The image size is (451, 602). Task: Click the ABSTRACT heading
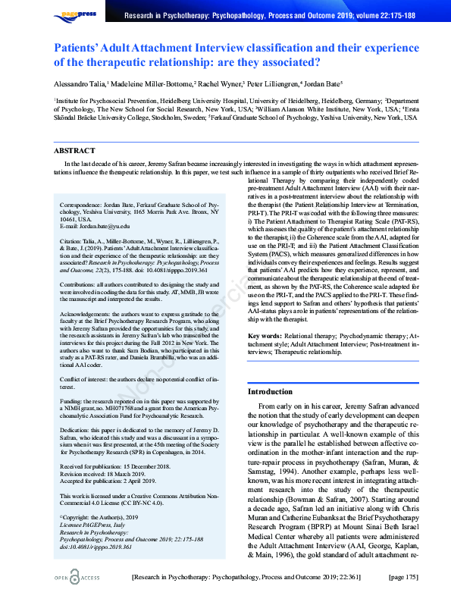coord(74,151)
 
